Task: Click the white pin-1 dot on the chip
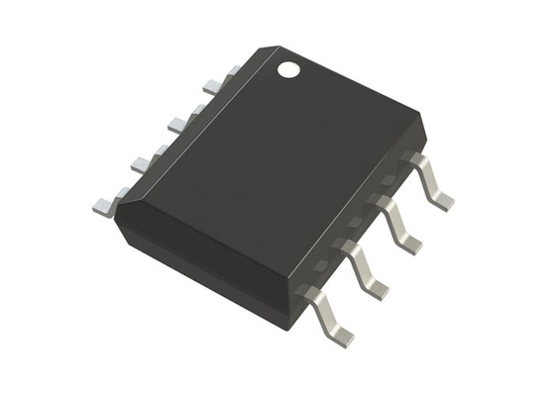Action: pyautogui.click(x=288, y=70)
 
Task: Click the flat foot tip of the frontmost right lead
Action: pyautogui.click(x=341, y=337)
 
